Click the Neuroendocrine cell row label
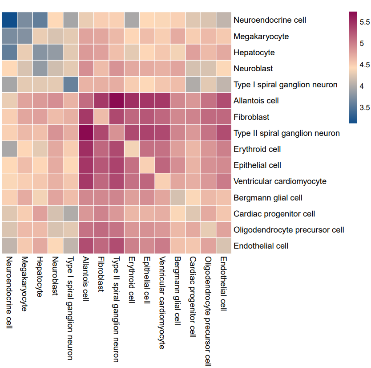tap(270, 20)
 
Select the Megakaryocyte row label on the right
tap(261, 36)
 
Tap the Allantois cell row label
tap(256, 101)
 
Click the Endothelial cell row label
tap(261, 246)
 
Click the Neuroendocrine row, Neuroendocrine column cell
tap(9, 20)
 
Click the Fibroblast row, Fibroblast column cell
tap(101, 116)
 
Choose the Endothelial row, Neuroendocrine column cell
tap(9, 245)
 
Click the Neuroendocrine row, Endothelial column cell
tap(223, 20)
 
